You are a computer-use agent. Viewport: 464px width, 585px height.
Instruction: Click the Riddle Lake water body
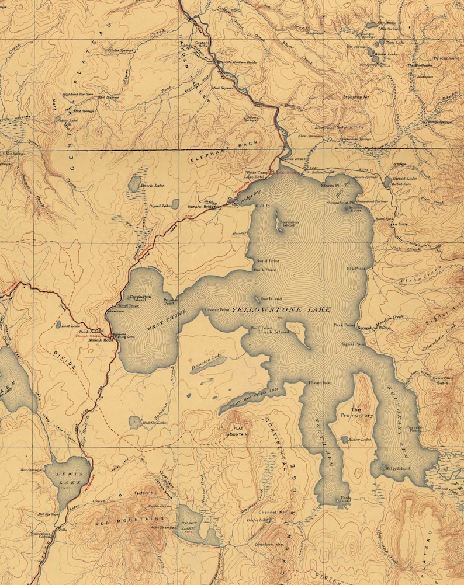pos(136,422)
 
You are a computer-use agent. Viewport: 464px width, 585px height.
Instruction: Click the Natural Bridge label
pos(202,207)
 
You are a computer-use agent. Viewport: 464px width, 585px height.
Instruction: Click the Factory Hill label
pos(146,493)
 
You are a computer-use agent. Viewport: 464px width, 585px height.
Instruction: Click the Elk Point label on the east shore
pos(356,269)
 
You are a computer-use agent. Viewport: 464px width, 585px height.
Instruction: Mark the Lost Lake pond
pos(58,325)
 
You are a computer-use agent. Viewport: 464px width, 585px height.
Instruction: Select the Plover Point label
pos(320,383)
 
